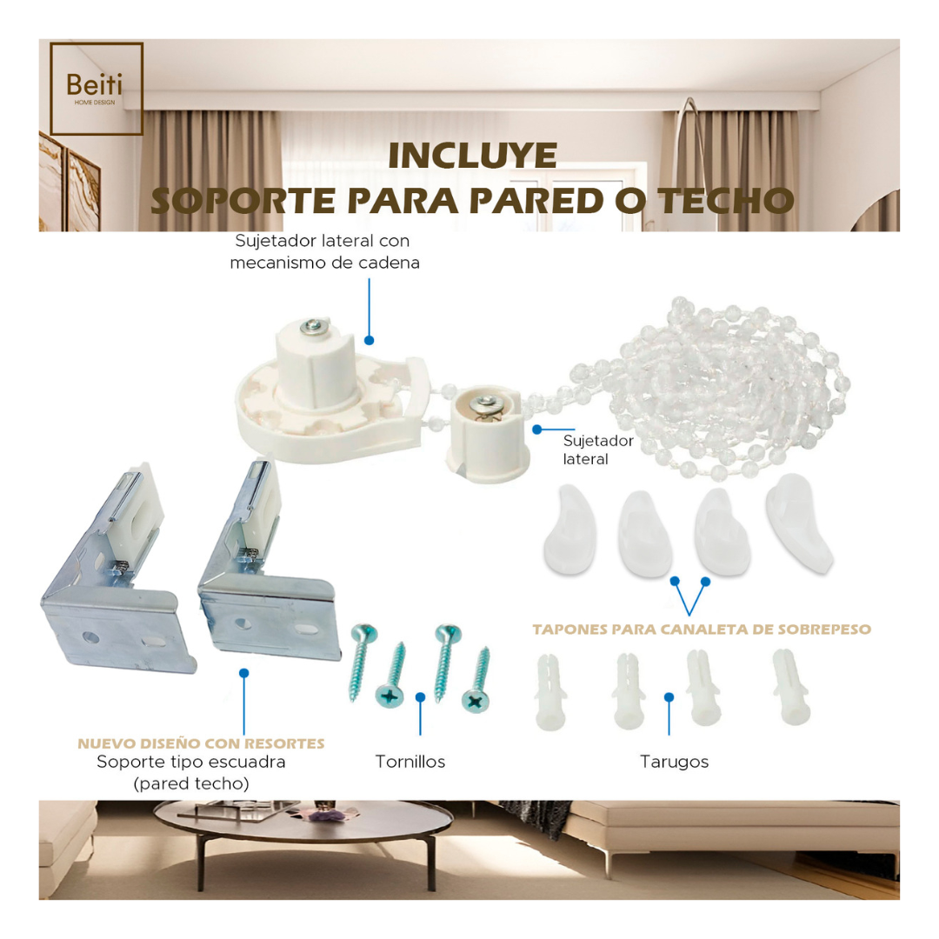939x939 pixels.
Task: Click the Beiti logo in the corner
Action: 97,89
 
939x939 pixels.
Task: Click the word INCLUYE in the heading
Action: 473,156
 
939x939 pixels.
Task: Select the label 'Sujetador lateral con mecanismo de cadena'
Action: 324,251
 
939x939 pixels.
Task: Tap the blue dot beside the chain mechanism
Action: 370,340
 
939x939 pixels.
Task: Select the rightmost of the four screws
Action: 477,679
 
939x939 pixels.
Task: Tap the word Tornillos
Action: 410,762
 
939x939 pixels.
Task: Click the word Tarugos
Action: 675,762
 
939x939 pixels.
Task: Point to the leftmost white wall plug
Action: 549,692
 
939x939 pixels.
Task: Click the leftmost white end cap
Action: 570,530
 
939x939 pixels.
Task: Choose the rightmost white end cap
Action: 799,523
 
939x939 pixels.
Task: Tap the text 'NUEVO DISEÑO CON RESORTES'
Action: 201,743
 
